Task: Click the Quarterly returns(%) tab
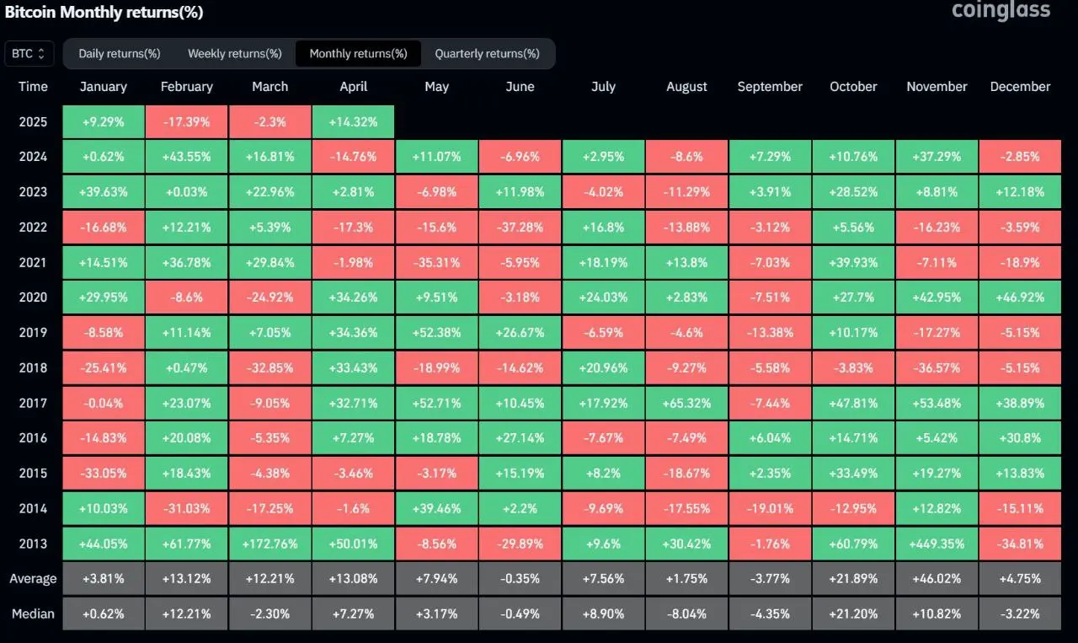[x=487, y=53]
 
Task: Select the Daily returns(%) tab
[x=120, y=53]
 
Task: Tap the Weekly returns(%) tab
[x=235, y=53]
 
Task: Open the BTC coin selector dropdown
[x=29, y=53]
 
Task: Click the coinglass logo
[x=1001, y=10]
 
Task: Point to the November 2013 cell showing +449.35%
[x=937, y=544]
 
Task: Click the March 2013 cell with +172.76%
[x=269, y=544]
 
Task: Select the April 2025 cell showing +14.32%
[x=353, y=121]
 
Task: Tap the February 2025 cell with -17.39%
[x=186, y=121]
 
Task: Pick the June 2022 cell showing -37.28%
[x=520, y=227]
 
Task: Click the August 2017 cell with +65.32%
[x=686, y=403]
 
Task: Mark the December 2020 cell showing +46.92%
[x=1020, y=297]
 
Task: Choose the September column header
[x=770, y=86]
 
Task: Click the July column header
[x=603, y=86]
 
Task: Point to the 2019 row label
[x=34, y=332]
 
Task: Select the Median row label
[x=34, y=614]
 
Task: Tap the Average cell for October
[x=853, y=579]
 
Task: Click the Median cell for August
[x=686, y=614]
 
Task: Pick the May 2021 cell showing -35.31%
[x=436, y=262]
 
